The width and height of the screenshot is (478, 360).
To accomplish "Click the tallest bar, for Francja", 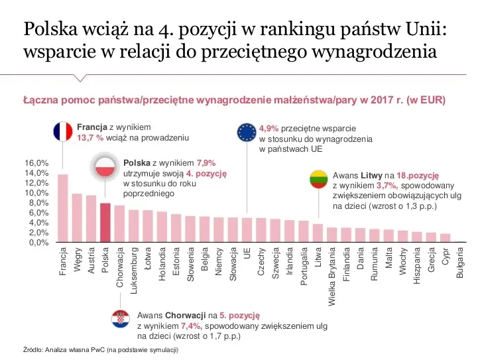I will point(63,208).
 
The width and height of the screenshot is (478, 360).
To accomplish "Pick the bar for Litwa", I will point(318,233).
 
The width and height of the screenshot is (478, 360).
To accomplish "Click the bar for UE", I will point(247,230).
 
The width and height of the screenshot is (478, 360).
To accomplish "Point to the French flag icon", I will point(62,131).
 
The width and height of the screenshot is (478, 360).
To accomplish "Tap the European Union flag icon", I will point(247,132).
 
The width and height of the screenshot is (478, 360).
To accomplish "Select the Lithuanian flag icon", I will point(318,180).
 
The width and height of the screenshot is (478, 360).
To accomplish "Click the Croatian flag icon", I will point(120,319).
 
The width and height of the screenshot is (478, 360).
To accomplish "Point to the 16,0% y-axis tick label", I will point(36,163).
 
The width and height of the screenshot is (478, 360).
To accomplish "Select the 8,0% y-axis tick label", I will point(36,203).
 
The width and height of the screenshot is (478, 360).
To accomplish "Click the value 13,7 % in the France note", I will point(91,138).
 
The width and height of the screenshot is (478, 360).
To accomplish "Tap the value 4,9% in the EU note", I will point(269,127).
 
